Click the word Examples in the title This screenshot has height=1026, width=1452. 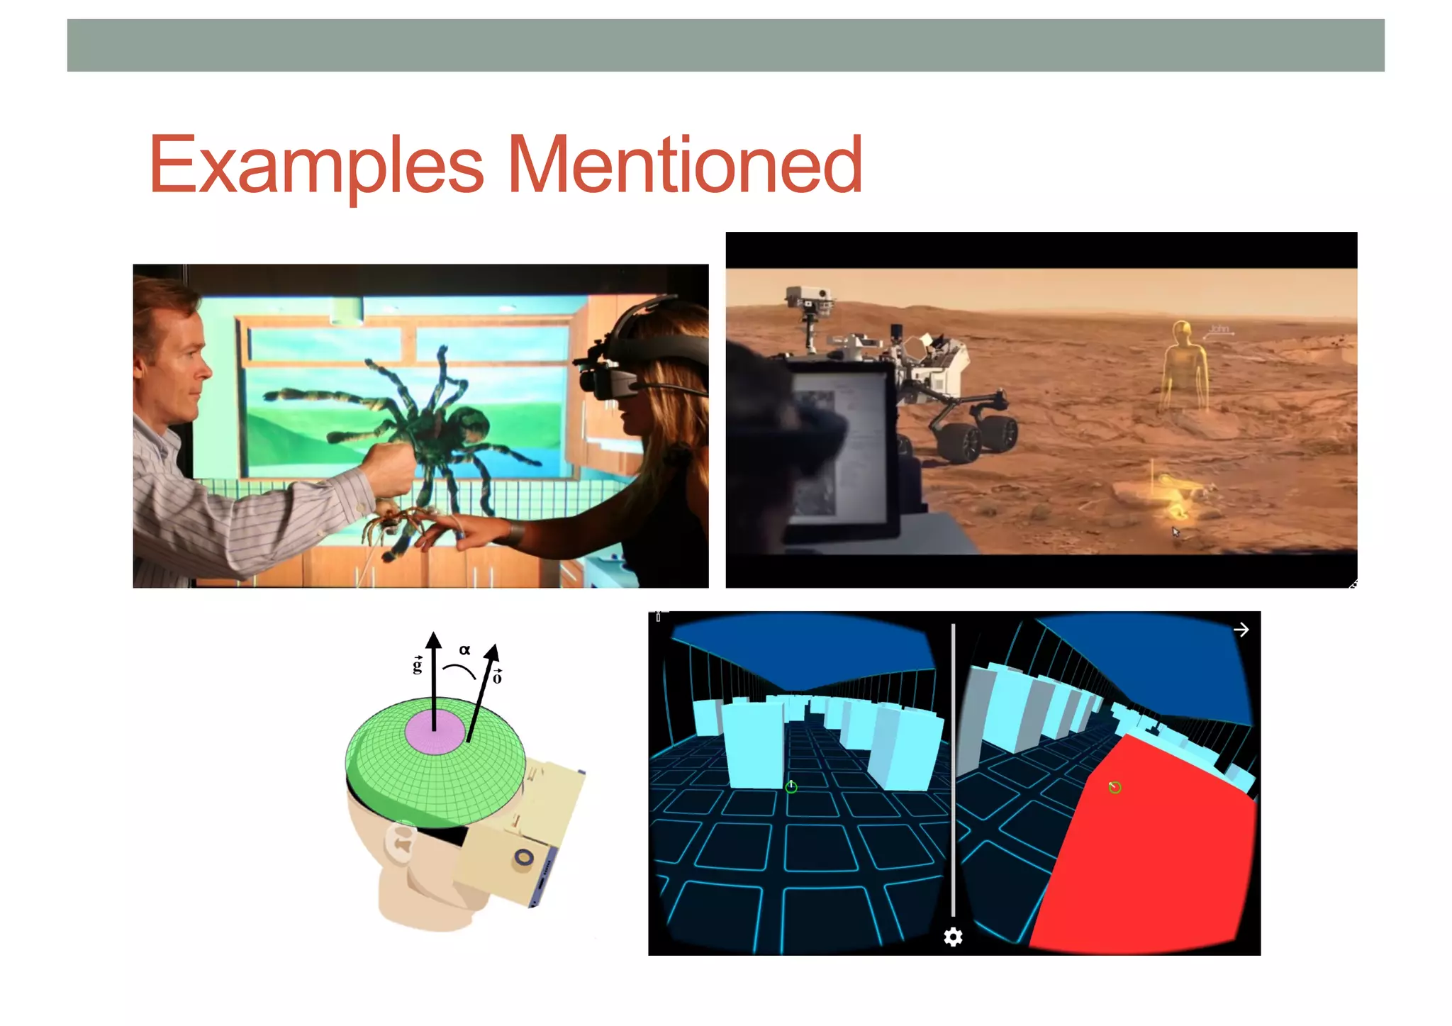pyautogui.click(x=316, y=167)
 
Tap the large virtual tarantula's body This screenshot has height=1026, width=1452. pyautogui.click(x=447, y=425)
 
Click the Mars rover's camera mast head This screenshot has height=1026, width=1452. pyautogui.click(x=808, y=298)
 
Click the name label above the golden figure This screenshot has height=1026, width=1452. pyautogui.click(x=1219, y=329)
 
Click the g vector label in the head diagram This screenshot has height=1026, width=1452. pyautogui.click(x=418, y=664)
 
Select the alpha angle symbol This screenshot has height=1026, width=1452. pyautogui.click(x=464, y=649)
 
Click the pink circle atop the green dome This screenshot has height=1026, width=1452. pyautogui.click(x=435, y=730)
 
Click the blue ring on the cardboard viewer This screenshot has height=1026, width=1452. pyautogui.click(x=524, y=857)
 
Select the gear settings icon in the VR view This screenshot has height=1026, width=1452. pyautogui.click(x=953, y=937)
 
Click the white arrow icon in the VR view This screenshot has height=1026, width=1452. pyautogui.click(x=1241, y=630)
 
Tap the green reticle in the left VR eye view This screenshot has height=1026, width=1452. pyautogui.click(x=791, y=786)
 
